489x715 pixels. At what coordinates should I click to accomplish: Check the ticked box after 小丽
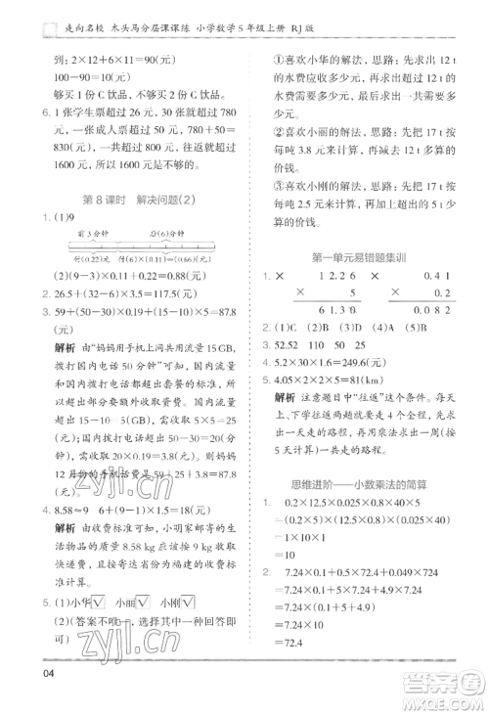(x=145, y=602)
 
